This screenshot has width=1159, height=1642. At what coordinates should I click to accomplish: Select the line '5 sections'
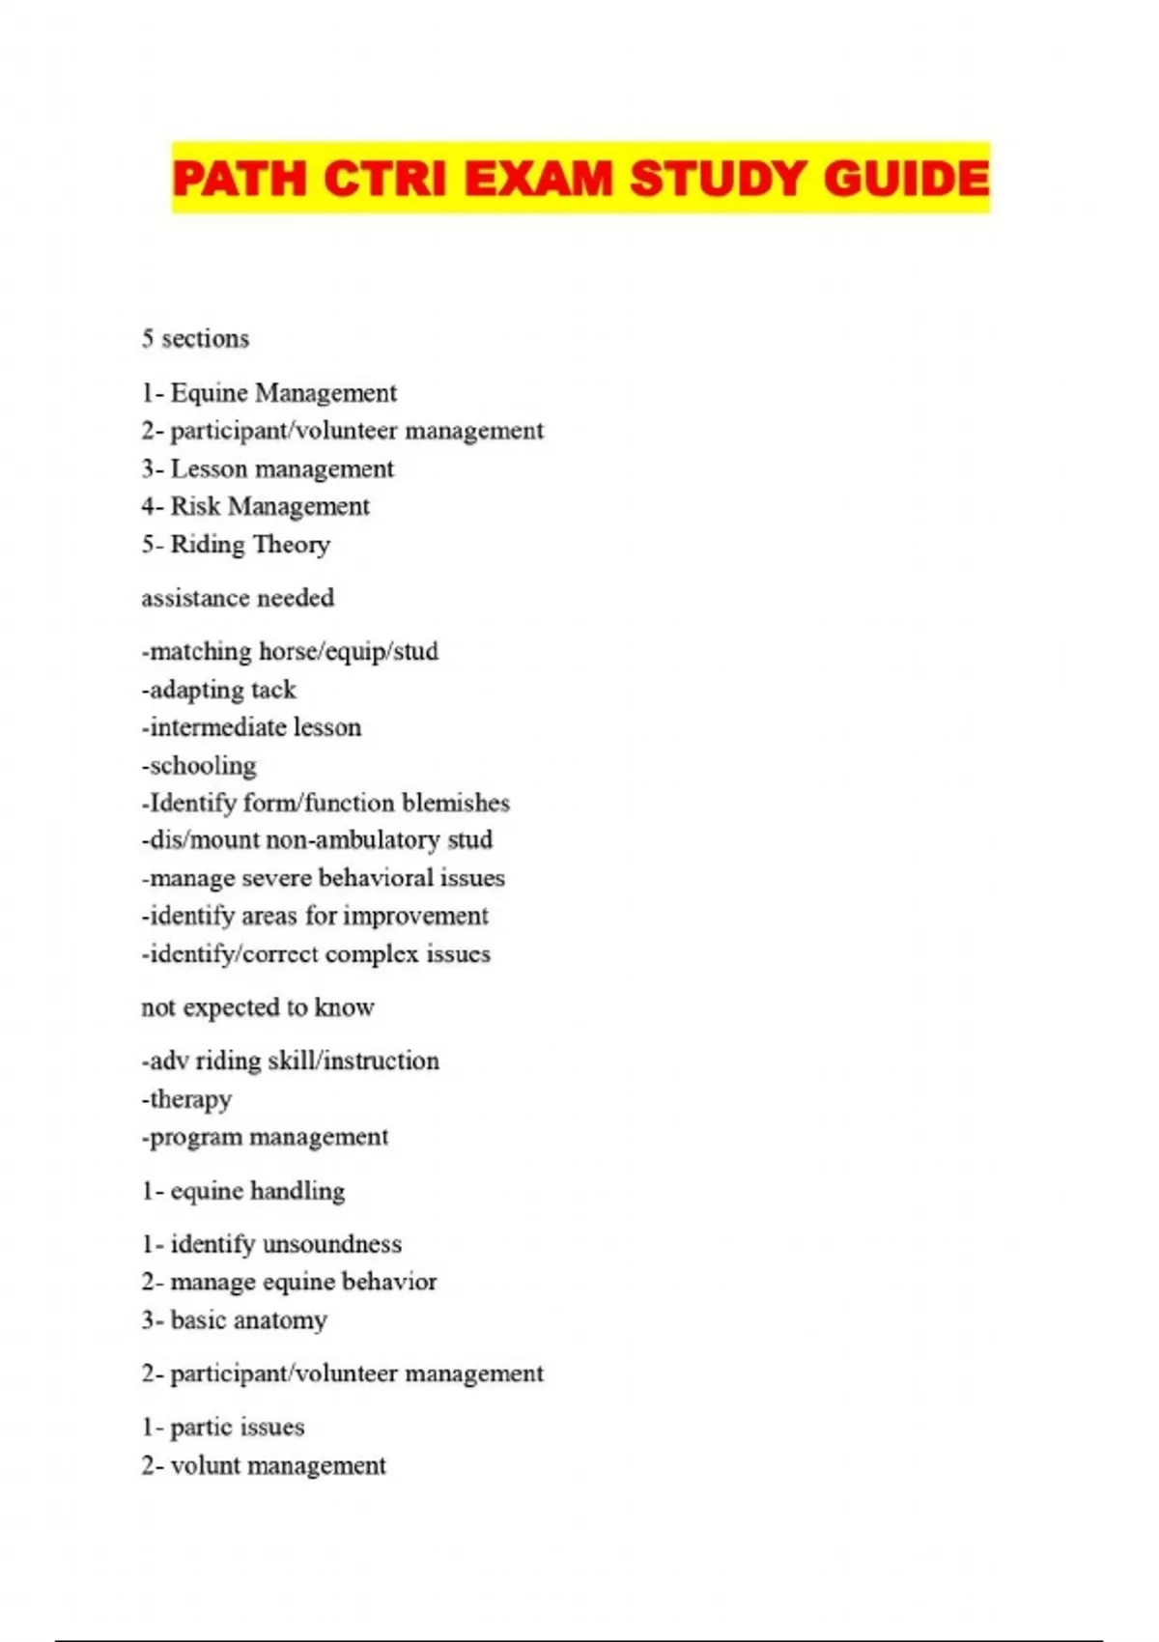tap(195, 339)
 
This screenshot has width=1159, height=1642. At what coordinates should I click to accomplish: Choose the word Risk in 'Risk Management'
tap(195, 507)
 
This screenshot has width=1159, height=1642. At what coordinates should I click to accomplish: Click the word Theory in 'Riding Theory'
tap(291, 545)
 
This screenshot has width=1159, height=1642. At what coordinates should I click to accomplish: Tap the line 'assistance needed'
tap(238, 598)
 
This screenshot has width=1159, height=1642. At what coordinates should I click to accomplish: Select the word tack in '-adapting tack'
tap(273, 690)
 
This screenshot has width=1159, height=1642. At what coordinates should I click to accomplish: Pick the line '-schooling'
tap(199, 766)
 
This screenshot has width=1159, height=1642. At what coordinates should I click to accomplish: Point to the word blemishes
tap(456, 804)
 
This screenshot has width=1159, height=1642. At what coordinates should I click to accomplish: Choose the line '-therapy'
tap(186, 1100)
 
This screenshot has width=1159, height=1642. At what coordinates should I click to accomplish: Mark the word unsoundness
tap(332, 1244)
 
